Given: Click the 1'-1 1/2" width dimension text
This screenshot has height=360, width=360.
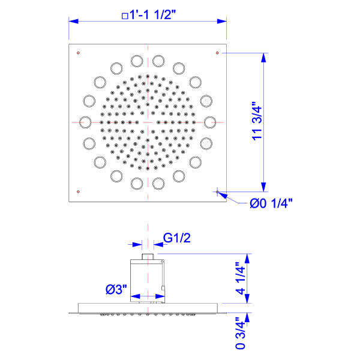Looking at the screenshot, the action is pos(152,15).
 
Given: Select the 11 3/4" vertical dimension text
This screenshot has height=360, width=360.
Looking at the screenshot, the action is pos(257,121).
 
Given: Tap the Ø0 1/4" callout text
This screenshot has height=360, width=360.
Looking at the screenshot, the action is pos(271,203).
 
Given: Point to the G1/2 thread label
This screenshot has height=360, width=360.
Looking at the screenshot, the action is pos(177,238).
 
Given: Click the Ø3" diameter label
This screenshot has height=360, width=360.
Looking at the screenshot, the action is pos(116,289).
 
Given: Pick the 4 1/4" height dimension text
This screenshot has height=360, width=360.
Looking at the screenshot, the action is pos(241,278).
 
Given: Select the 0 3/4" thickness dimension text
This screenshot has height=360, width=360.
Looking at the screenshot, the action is pos(241,334).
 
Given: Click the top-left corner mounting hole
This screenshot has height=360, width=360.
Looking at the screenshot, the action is pos(78,53).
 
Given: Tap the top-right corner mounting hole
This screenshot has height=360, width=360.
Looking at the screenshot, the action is pos(217,53).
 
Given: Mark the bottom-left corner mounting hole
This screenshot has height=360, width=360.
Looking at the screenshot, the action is pos(78,191).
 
